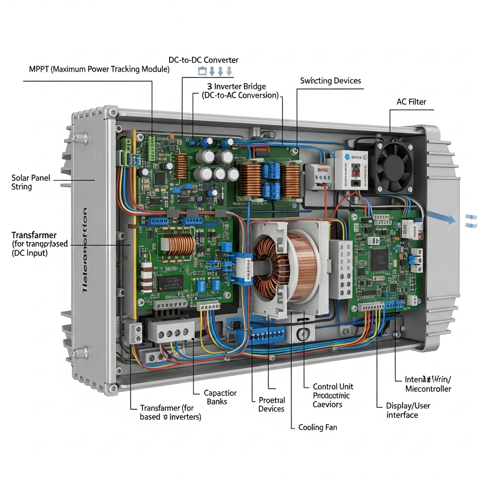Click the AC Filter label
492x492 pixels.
[x=411, y=102]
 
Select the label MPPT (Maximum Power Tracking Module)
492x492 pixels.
[x=99, y=69]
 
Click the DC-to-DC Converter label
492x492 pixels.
[x=203, y=60]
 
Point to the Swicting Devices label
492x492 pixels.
[x=330, y=81]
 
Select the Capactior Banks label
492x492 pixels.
[x=220, y=397]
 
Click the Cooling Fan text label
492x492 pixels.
[x=318, y=427]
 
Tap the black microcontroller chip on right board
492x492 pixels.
[x=380, y=258]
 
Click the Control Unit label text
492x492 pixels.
[x=332, y=386]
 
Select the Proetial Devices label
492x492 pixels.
[x=271, y=404]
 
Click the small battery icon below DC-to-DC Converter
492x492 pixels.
[x=202, y=72]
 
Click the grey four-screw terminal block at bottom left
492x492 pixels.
[x=171, y=332]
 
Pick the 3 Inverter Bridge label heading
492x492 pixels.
[x=240, y=86]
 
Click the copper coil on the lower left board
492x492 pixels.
[x=179, y=245]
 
